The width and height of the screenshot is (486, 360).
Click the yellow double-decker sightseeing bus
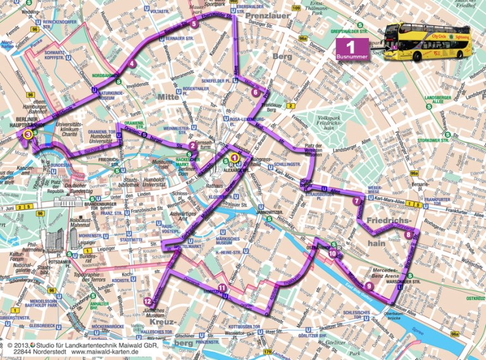(427, 42)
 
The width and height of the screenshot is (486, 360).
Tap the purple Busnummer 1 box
(352, 49)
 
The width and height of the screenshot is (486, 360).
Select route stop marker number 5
(193, 25)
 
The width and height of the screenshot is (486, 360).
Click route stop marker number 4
(132, 63)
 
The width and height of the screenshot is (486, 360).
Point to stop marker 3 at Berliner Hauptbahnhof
(27, 133)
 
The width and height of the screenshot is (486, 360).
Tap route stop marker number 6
(255, 92)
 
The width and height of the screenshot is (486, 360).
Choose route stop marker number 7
(356, 201)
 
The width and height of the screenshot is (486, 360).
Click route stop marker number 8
(409, 235)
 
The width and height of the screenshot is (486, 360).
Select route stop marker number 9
(369, 285)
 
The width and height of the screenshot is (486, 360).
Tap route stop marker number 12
(147, 301)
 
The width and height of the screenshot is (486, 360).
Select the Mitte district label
(169, 97)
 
